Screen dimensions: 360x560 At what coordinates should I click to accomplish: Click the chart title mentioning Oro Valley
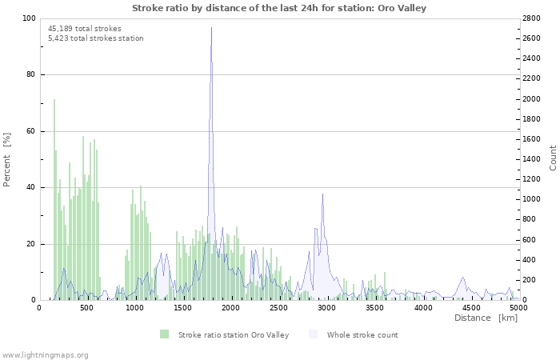point(278,8)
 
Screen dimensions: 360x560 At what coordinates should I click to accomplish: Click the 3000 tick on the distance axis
point(326,307)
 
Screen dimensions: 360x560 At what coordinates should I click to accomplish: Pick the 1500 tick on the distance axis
point(182,307)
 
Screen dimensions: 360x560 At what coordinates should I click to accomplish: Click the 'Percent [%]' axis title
point(7,159)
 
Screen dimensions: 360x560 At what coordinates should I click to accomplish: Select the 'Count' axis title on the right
point(553,158)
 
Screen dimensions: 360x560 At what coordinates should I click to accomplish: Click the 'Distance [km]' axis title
point(486,318)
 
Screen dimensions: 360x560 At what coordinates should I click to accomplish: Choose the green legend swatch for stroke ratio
point(164,334)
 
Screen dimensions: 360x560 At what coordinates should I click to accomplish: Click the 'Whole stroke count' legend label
point(362,334)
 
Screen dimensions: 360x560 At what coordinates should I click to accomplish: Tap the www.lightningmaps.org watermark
point(45,354)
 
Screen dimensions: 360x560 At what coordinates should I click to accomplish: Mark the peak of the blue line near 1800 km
point(211,28)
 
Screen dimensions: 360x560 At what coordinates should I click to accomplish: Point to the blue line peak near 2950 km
point(322,194)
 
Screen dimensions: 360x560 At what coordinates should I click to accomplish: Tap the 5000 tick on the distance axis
point(518,307)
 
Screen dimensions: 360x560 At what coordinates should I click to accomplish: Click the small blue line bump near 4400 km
point(462,278)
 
